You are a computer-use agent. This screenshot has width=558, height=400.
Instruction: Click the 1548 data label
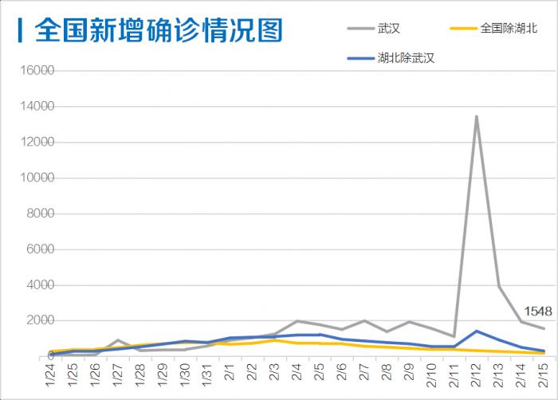pos(538,312)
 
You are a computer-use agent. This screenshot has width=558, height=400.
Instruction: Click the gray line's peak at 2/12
pos(477,116)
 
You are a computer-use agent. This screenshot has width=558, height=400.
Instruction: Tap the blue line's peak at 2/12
pos(477,331)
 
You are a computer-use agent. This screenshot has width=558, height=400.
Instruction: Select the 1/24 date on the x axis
pos(53,373)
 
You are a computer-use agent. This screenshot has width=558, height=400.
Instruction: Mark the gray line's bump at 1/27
pos(118,340)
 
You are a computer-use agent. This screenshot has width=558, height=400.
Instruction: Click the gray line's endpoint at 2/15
pos(544,328)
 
